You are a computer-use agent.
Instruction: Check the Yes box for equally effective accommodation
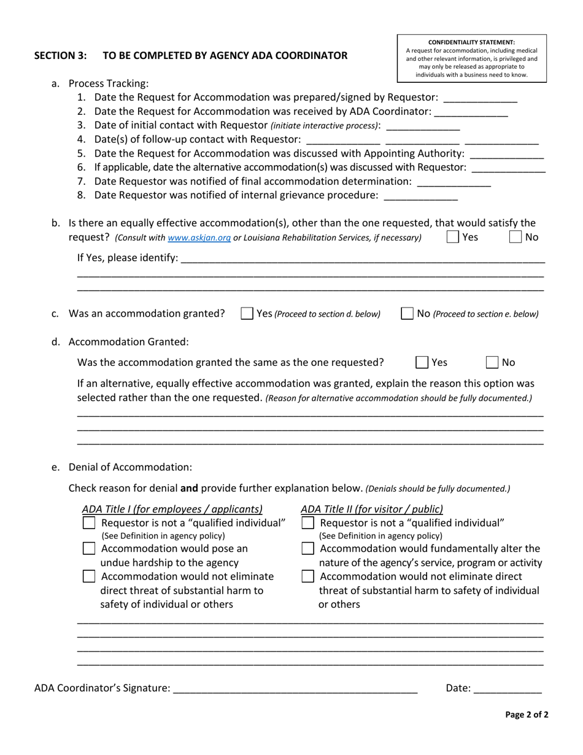pyautogui.click(x=452, y=237)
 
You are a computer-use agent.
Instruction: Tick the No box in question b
pyautogui.click(x=516, y=237)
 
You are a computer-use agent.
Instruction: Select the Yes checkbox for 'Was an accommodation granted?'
pyautogui.click(x=247, y=314)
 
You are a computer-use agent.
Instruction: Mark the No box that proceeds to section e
pyautogui.click(x=407, y=314)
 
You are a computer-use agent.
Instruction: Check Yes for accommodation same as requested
pyautogui.click(x=422, y=362)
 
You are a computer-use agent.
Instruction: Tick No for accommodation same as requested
pyautogui.click(x=493, y=362)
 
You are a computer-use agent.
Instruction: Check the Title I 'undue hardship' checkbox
pyautogui.click(x=89, y=549)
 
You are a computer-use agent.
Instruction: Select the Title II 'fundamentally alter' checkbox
pyautogui.click(x=309, y=549)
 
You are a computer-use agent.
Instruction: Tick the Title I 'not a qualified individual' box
pyautogui.click(x=89, y=523)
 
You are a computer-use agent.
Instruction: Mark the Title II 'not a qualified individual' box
pyautogui.click(x=309, y=523)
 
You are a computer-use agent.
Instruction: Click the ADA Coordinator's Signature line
pyautogui.click(x=295, y=688)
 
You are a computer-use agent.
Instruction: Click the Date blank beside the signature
pyautogui.click(x=508, y=688)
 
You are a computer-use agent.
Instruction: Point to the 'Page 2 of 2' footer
pyautogui.click(x=527, y=714)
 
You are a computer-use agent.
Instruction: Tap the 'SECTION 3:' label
pyautogui.click(x=60, y=55)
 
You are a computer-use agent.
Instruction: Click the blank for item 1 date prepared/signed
pyautogui.click(x=480, y=97)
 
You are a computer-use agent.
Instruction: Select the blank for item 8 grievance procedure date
pyautogui.click(x=420, y=195)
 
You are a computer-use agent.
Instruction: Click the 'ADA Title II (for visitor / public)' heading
pyautogui.click(x=372, y=509)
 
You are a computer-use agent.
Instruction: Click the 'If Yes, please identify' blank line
pyautogui.click(x=362, y=258)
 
